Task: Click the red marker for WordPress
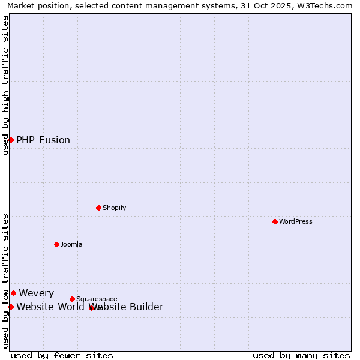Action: pyautogui.click(x=275, y=221)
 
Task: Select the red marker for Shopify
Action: pyautogui.click(x=98, y=208)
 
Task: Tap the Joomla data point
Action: pyautogui.click(x=56, y=244)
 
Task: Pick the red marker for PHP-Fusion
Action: pyautogui.click(x=11, y=140)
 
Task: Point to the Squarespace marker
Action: pyautogui.click(x=72, y=299)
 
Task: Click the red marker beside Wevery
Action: pyautogui.click(x=13, y=293)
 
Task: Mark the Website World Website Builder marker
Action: pyautogui.click(x=11, y=307)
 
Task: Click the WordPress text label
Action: pyautogui.click(x=296, y=221)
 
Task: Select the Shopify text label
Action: pyautogui.click(x=114, y=208)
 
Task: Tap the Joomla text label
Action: pyautogui.click(x=71, y=244)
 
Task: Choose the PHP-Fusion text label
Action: pyautogui.click(x=43, y=140)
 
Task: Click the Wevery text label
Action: pyautogui.click(x=37, y=293)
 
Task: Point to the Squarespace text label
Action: pyautogui.click(x=97, y=299)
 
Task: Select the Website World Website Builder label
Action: pyautogui.click(x=90, y=307)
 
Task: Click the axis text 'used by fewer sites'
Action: pyautogui.click(x=62, y=355)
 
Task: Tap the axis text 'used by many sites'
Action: pyautogui.click(x=301, y=355)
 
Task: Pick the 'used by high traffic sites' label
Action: pyautogui.click(x=5, y=85)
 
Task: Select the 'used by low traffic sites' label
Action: pyautogui.click(x=5, y=280)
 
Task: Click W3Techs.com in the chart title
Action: pyautogui.click(x=328, y=5)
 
